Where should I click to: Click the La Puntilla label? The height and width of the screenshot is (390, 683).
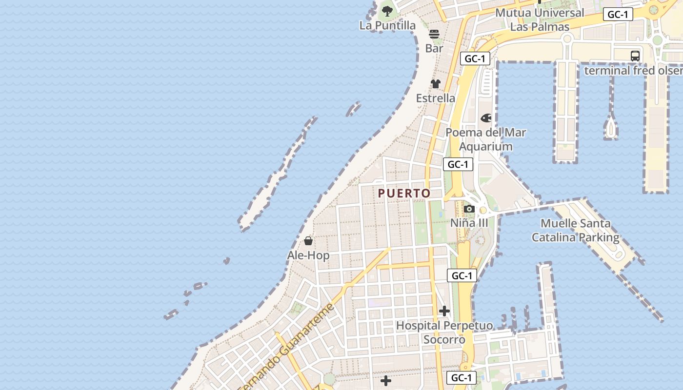pyautogui.click(x=387, y=25)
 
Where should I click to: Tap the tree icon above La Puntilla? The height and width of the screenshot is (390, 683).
pyautogui.click(x=387, y=11)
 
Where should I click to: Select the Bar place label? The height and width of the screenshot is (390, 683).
pyautogui.click(x=434, y=48)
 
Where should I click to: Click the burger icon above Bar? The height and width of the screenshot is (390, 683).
pyautogui.click(x=434, y=34)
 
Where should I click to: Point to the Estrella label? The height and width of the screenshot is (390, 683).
pyautogui.click(x=436, y=98)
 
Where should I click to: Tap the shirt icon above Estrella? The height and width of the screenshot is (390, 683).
pyautogui.click(x=436, y=84)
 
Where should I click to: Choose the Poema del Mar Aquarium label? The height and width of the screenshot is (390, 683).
pyautogui.click(x=486, y=139)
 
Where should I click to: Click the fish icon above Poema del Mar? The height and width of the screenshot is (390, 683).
pyautogui.click(x=486, y=118)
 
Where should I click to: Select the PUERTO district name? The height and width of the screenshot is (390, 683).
pyautogui.click(x=404, y=194)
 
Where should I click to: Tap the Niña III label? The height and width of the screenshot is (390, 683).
pyautogui.click(x=469, y=223)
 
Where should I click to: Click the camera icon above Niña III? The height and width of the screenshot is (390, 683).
pyautogui.click(x=469, y=209)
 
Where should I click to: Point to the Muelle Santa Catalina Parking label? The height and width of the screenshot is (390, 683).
pyautogui.click(x=575, y=231)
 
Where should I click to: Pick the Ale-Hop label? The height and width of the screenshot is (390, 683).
pyautogui.click(x=308, y=255)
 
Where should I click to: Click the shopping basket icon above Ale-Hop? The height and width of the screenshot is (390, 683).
pyautogui.click(x=308, y=241)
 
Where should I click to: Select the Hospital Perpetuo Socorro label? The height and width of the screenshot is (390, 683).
pyautogui.click(x=444, y=332)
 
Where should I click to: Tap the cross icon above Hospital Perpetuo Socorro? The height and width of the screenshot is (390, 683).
pyautogui.click(x=444, y=311)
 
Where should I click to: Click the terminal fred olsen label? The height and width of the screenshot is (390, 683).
pyautogui.click(x=633, y=70)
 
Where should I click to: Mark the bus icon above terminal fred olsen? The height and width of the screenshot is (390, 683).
pyautogui.click(x=635, y=56)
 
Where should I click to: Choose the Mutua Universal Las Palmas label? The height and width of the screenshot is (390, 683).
pyautogui.click(x=540, y=19)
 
